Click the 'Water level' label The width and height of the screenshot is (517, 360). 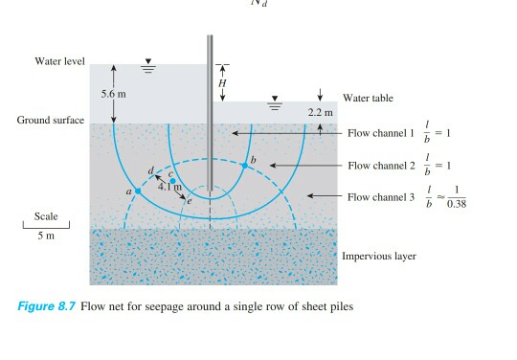(60, 62)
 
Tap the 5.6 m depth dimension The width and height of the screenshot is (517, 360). (113, 95)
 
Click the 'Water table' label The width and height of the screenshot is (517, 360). (368, 99)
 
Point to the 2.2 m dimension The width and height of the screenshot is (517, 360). (320, 113)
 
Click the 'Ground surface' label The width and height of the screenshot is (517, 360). (51, 121)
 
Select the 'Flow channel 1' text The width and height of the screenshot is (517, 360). (381, 135)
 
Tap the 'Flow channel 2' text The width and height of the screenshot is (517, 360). (381, 166)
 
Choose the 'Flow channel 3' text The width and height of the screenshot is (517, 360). (381, 197)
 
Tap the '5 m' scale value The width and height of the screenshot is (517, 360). (46, 236)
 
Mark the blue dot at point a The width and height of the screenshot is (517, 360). (138, 191)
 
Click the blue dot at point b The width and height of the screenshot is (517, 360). (245, 166)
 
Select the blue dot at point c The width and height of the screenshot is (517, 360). (172, 180)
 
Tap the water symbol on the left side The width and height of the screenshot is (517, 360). (148, 68)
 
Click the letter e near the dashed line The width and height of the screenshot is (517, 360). (190, 202)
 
